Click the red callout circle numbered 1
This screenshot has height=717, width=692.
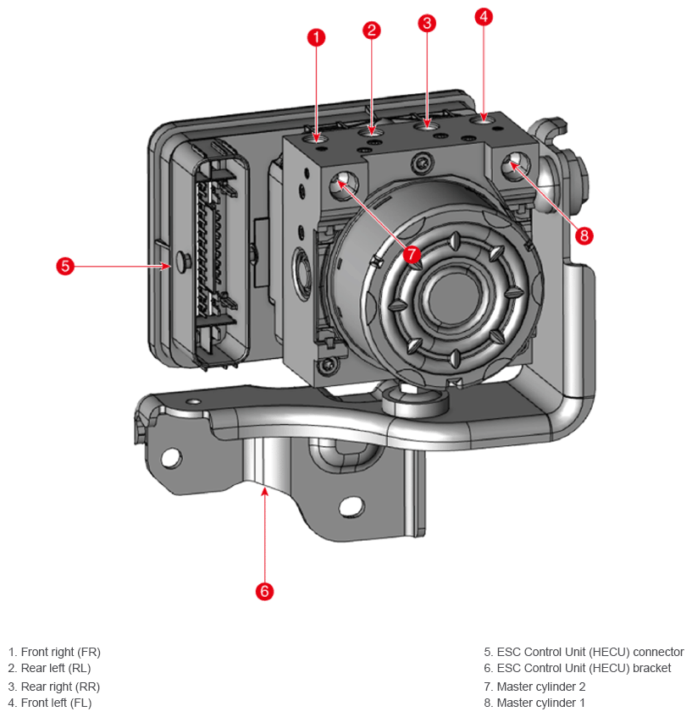pos(316,37)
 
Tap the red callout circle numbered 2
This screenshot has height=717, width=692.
pos(372,30)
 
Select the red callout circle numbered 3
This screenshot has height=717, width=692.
pos(427,23)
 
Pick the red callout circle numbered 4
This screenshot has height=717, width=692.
pos(484,17)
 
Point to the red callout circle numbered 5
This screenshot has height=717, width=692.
pos(65,266)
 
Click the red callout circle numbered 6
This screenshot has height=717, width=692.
pos(264,591)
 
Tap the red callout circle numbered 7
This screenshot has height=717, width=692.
pos(412,254)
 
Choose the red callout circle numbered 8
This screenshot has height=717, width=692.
pos(584,235)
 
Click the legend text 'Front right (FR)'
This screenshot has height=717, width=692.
pos(60,652)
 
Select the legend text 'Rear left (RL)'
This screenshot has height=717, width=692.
pos(56,668)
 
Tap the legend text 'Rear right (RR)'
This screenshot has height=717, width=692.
pos(60,687)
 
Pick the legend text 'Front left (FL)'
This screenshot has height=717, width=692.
pos(56,703)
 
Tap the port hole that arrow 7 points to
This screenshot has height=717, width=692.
pos(343,185)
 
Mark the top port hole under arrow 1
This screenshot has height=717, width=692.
pos(317,137)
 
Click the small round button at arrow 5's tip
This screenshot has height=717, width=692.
pos(180,261)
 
